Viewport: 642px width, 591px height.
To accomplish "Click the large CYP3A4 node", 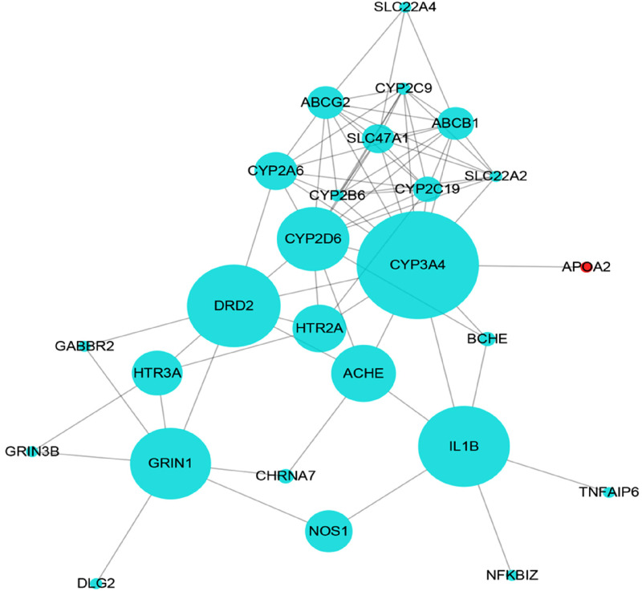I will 417,265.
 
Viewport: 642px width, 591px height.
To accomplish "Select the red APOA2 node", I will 587,266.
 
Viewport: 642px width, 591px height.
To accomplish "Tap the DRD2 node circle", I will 234,306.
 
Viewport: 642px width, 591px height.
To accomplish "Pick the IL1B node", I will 465,446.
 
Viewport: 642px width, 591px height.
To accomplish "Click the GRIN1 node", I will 171,463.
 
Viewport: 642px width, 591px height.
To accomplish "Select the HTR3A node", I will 157,372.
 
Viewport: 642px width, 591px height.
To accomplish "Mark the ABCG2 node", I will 326,103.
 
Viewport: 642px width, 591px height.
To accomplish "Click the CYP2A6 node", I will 275,171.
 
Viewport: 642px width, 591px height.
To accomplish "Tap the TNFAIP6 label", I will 609,492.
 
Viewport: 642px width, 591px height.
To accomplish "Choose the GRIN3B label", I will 32,451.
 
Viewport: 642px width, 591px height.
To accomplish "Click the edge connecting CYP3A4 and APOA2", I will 530,266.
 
